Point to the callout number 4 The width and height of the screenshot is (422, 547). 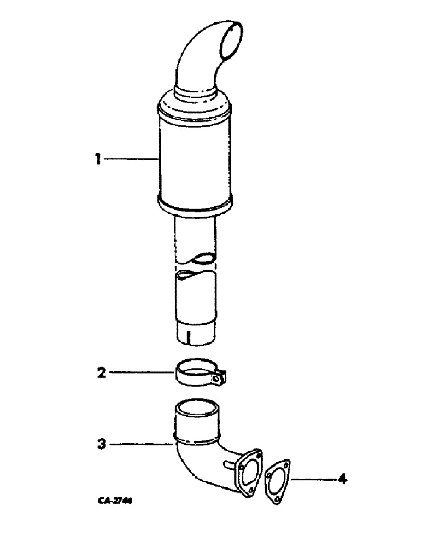[342, 480]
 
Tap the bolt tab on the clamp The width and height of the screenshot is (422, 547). [220, 378]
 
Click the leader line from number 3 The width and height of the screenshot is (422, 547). [139, 444]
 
